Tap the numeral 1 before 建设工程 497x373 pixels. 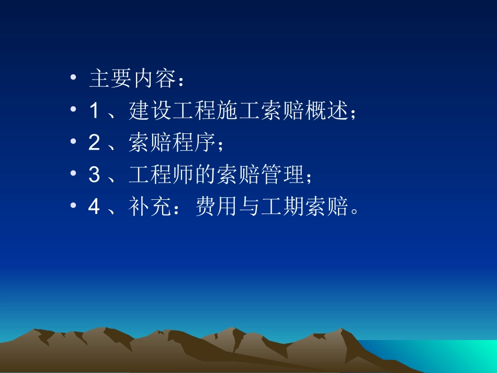point(94,111)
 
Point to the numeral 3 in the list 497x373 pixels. point(94,175)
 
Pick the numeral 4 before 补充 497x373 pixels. point(94,208)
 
